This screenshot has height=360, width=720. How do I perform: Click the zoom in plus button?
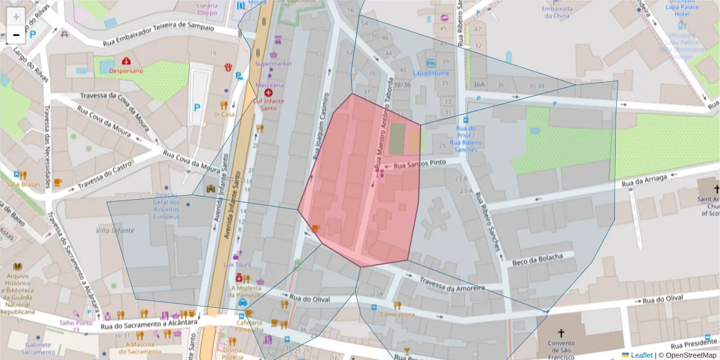click(x=16, y=16)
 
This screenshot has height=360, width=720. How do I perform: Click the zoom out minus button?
click(x=16, y=35)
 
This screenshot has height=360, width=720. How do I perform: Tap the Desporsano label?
click(x=126, y=70)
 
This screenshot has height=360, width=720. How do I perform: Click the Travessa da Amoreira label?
click(x=451, y=283)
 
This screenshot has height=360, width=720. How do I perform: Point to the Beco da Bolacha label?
click(x=538, y=260)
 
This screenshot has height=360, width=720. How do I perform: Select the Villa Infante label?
click(x=115, y=230)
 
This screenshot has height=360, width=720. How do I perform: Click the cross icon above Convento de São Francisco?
click(x=562, y=333)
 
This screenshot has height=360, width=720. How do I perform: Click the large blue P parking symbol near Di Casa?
click(x=197, y=108)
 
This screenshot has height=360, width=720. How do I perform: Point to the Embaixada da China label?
click(x=559, y=13)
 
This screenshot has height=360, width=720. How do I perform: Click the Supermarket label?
click(x=273, y=63)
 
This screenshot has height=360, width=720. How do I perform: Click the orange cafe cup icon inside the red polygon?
click(x=316, y=229)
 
